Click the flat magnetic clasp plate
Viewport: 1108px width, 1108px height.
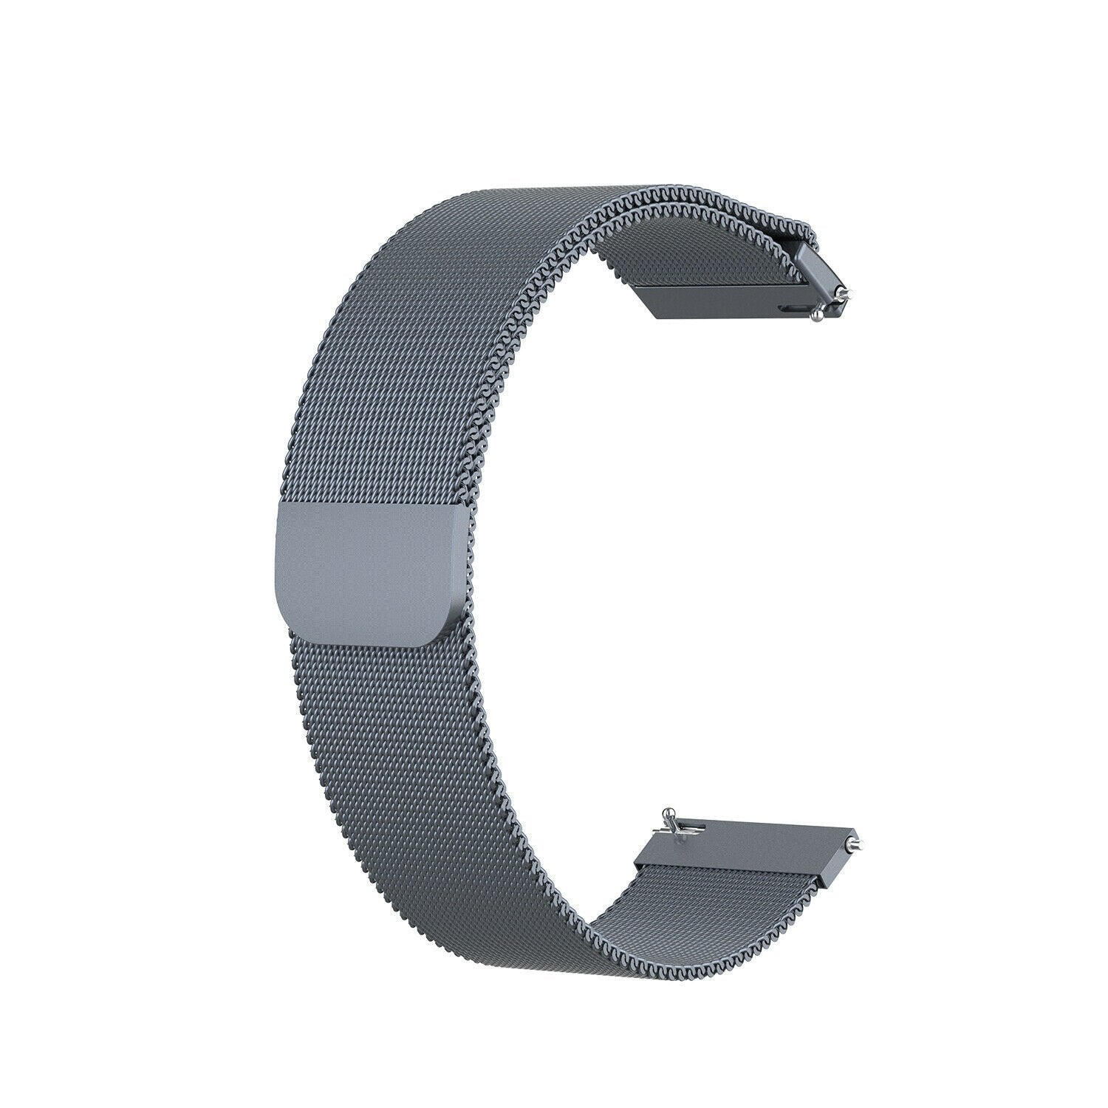(369, 572)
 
